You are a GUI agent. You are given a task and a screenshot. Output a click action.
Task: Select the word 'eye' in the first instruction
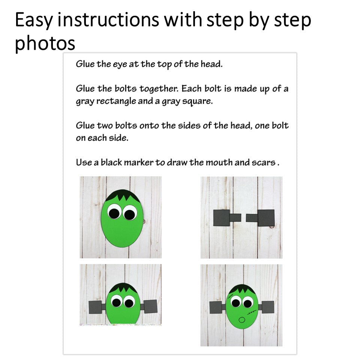(120, 64)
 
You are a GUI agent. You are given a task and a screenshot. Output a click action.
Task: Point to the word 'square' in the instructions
(197, 101)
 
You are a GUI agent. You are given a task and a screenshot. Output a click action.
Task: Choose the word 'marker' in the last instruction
(139, 162)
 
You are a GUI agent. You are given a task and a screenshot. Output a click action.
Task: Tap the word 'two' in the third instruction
(105, 126)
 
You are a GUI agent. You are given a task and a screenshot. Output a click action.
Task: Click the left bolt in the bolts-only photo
(227, 217)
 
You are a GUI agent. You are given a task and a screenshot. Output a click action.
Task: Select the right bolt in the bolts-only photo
(260, 217)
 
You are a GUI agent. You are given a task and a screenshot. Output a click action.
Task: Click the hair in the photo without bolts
(123, 196)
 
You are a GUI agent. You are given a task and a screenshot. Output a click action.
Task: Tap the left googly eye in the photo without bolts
(114, 211)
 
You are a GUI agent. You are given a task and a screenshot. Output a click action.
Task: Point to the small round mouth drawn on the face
(242, 320)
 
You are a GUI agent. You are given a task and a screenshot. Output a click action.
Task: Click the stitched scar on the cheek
(252, 312)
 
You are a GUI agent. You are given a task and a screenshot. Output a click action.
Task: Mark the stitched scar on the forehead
(231, 296)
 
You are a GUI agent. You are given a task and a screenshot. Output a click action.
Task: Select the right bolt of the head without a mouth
(149, 306)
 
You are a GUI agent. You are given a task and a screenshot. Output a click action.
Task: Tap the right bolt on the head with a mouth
(266, 307)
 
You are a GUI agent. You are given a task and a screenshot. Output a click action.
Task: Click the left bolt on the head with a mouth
(217, 307)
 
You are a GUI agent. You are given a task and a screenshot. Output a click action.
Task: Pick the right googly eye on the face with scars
(247, 303)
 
